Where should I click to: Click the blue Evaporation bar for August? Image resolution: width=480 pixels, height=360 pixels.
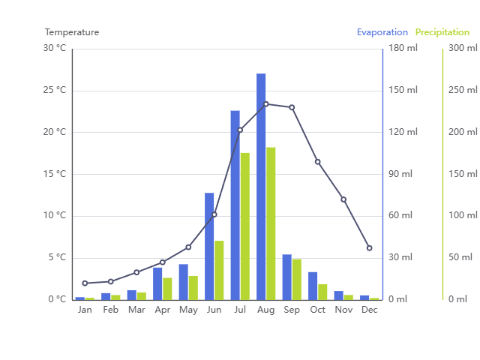point(261,187)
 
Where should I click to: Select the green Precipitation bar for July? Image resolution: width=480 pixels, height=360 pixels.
point(244,226)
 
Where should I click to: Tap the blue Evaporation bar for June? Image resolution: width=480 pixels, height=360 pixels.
point(209,246)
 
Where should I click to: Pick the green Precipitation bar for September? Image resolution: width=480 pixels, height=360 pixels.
point(296,279)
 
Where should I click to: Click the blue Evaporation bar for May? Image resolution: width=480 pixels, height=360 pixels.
point(183,282)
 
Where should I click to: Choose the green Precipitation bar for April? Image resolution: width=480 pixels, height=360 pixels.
point(167,289)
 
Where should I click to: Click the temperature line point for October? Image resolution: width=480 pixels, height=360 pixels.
point(317,162)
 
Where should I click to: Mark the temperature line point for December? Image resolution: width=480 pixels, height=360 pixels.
point(369,247)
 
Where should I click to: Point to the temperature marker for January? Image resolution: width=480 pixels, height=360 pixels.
point(85,283)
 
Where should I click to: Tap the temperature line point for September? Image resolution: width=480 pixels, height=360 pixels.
point(292,107)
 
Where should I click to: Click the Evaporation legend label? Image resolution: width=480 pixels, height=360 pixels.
point(382,32)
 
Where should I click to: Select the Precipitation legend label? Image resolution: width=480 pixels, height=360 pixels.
point(442,32)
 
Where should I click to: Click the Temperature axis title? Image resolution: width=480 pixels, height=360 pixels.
point(72,32)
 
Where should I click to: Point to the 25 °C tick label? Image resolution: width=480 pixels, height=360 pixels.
point(54,91)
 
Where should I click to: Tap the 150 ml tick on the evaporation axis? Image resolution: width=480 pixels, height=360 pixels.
point(404,91)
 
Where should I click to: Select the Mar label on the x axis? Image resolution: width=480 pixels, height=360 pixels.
point(136,310)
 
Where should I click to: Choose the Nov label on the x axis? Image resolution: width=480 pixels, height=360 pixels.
point(343,310)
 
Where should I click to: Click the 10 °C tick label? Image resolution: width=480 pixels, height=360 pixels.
point(54,216)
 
